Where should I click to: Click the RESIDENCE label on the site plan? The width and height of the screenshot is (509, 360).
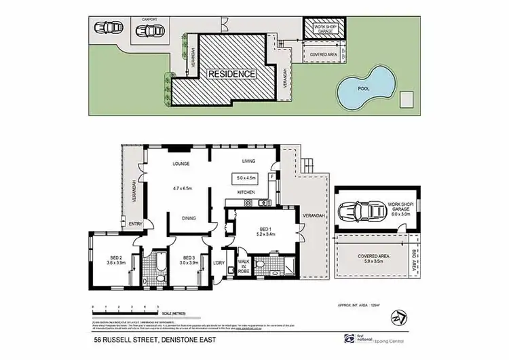pyautogui.click(x=232, y=73)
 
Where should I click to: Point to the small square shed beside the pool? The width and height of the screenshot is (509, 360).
pyautogui.click(x=407, y=98)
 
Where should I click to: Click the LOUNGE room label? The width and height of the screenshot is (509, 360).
pyautogui.click(x=180, y=164)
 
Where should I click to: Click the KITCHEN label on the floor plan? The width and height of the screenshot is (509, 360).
pyautogui.click(x=246, y=193)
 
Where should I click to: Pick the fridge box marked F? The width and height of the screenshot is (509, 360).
pyautogui.click(x=272, y=177)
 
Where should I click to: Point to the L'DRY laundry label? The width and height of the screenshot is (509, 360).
pyautogui.click(x=219, y=263)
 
